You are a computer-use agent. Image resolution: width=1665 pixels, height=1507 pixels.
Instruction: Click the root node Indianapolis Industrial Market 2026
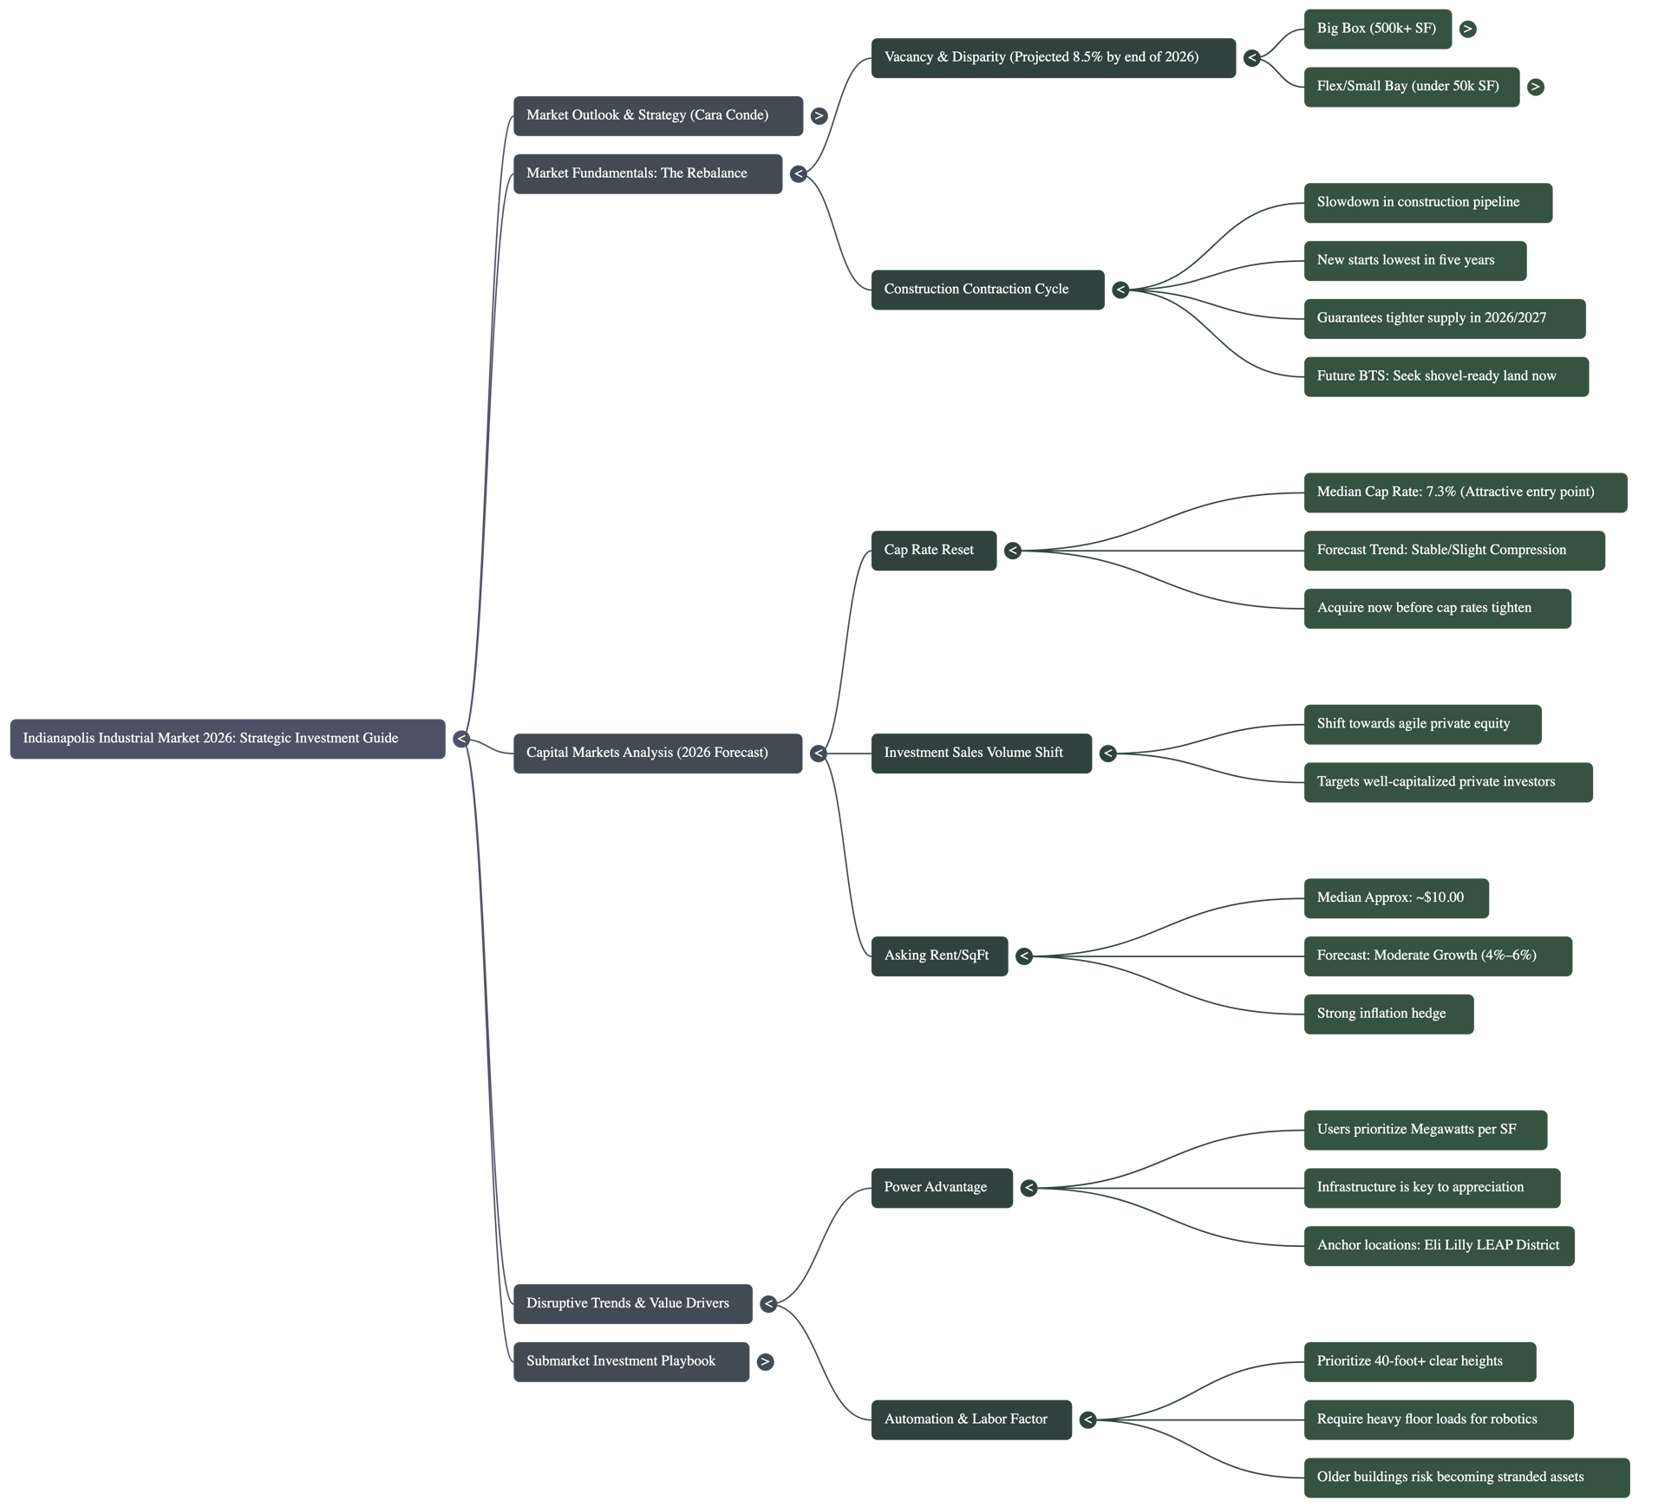click(x=227, y=739)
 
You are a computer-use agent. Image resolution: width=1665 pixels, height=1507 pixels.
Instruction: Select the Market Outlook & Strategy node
click(x=657, y=115)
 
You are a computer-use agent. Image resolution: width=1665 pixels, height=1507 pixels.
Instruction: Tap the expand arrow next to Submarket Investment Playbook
click(x=765, y=1361)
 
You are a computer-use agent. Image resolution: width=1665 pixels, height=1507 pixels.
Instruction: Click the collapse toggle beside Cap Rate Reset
click(x=1013, y=551)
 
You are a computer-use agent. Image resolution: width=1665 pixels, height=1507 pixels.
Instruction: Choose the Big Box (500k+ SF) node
click(x=1376, y=29)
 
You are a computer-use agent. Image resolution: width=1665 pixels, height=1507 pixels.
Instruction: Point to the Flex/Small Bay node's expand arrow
click(x=1535, y=87)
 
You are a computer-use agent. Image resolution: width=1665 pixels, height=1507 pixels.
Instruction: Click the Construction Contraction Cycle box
click(x=987, y=290)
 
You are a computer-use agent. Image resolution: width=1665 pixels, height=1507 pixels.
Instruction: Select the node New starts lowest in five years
click(x=1414, y=260)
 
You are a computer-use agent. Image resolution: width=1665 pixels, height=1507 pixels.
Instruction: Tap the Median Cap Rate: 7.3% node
click(x=1465, y=493)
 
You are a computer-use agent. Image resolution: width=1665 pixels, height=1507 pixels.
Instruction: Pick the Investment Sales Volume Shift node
click(x=981, y=753)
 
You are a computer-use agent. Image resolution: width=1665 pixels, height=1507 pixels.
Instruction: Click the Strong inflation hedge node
click(x=1387, y=1014)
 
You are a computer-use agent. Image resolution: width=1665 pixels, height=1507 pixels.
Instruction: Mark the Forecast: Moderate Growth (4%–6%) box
click(x=1437, y=956)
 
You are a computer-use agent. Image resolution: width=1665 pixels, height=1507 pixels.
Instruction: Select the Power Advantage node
click(x=941, y=1187)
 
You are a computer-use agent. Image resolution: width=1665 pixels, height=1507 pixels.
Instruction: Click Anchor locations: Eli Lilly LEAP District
click(x=1438, y=1245)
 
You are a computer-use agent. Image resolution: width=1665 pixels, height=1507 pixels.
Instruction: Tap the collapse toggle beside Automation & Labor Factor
click(x=1087, y=1419)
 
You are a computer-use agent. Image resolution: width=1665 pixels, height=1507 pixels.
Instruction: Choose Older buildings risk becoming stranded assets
click(x=1466, y=1478)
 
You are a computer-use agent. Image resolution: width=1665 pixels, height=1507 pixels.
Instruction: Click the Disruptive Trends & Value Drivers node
click(x=632, y=1303)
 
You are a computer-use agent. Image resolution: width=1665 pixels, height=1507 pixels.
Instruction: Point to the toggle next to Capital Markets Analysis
click(x=818, y=753)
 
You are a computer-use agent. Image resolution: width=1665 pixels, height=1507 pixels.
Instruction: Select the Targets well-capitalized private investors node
click(x=1447, y=782)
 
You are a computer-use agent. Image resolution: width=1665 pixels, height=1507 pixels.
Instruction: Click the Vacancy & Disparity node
click(x=1053, y=57)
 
